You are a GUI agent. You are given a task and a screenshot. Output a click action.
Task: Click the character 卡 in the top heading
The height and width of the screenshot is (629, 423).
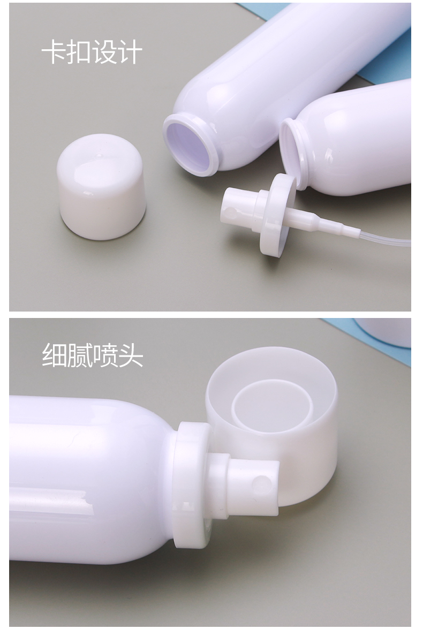(x=54, y=52)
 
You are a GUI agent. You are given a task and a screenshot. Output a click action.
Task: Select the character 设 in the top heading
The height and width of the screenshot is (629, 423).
(x=104, y=52)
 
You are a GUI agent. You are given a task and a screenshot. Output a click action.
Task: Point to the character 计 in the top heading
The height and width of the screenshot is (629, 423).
(x=130, y=52)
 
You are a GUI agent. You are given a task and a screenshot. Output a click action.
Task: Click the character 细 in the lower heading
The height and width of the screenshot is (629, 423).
(x=54, y=355)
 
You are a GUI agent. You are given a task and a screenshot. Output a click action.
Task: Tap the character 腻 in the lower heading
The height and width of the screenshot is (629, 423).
(x=79, y=355)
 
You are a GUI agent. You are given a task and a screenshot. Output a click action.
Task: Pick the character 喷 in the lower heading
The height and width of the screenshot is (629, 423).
(x=105, y=355)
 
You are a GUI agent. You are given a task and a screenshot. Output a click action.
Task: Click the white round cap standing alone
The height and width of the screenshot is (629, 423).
(x=101, y=186)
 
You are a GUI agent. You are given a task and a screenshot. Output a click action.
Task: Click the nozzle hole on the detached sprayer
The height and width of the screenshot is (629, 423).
(x=230, y=211)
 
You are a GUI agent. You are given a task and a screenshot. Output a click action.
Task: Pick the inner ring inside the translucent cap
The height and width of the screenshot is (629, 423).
(x=273, y=406)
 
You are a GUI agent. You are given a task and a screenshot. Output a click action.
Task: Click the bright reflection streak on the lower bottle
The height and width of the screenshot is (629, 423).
(x=51, y=502)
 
